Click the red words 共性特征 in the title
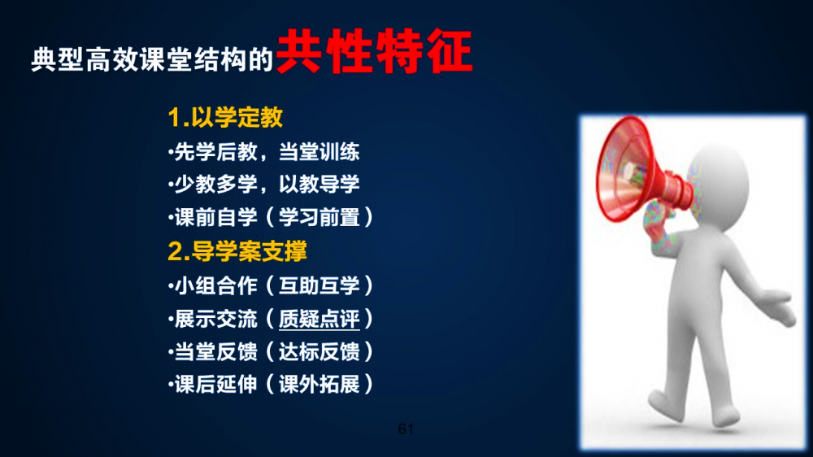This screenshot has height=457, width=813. [374, 51]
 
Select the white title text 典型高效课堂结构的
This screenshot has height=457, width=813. [152, 59]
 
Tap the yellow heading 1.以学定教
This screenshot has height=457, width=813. [225, 117]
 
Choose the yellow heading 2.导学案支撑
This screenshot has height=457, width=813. [237, 251]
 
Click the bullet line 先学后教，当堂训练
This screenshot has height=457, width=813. [264, 152]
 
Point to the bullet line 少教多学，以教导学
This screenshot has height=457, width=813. [264, 184]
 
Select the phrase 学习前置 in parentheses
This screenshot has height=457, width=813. [320, 217]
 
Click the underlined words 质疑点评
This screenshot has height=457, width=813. [320, 319]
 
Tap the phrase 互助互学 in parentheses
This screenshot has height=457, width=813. [320, 285]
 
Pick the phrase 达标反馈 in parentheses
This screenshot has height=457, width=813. [320, 352]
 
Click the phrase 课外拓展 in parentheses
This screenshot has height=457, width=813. [320, 385]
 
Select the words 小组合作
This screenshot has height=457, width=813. [215, 285]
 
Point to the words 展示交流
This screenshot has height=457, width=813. [215, 319]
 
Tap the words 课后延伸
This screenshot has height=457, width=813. [215, 385]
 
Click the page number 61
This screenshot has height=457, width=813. [406, 429]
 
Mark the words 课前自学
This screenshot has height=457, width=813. [215, 217]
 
